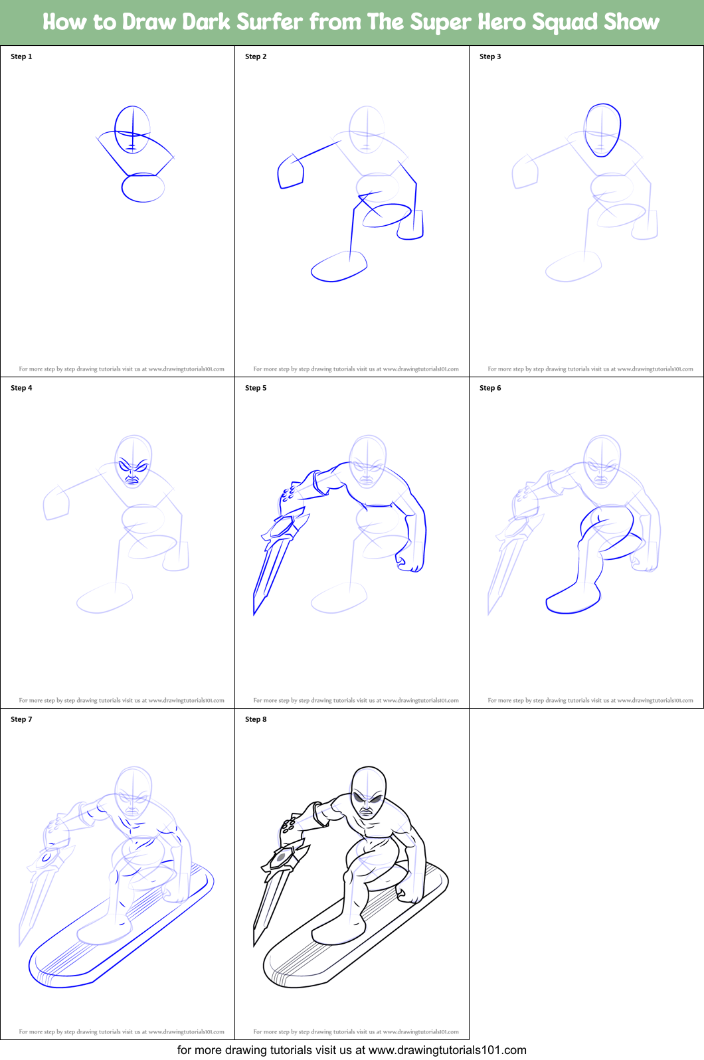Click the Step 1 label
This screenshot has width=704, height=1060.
pos(21,56)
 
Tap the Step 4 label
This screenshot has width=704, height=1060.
pos(21,388)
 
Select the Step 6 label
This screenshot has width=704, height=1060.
pos(490,388)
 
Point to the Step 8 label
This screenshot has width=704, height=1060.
pos(256,719)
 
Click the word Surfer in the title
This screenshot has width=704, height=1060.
pos(270,22)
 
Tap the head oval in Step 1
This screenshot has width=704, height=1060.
pos(132,129)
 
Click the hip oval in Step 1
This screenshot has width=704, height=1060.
pos(143,188)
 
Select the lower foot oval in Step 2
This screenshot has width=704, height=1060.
pos(339,267)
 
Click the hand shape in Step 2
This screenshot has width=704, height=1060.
pos(290,173)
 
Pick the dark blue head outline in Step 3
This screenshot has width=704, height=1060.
pos(602,130)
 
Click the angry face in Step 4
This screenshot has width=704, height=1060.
pos(133,471)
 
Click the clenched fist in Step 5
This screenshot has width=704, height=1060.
pos(410,563)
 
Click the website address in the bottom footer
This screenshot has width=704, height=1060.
pos(447,1050)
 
